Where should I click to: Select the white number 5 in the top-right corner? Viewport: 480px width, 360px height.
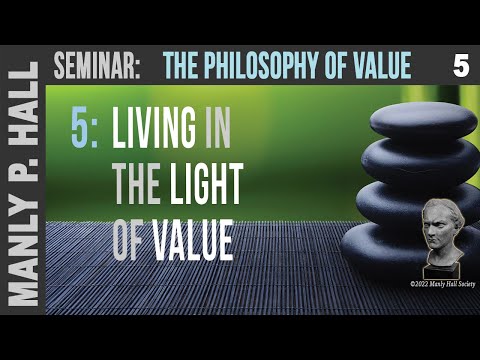pos(460,67)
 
